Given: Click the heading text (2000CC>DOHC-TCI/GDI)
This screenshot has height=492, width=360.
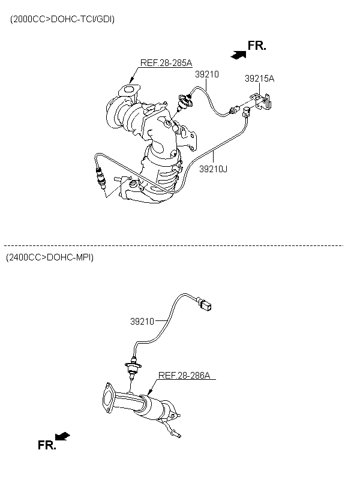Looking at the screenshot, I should click(62, 19).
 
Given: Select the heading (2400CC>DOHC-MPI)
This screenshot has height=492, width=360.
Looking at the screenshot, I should click(50, 257).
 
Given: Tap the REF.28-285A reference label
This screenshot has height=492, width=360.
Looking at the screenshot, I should click(166, 62).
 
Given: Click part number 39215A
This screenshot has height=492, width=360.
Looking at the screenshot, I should click(259, 78).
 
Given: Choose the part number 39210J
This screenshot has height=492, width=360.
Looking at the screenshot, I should click(213, 169).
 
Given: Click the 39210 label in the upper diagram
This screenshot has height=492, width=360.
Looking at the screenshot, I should click(206, 74).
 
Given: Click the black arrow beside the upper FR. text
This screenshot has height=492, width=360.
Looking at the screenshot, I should click(238, 54).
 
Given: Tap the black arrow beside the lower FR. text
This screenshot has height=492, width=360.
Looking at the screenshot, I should click(62, 436).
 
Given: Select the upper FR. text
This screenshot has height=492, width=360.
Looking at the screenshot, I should click(257, 46).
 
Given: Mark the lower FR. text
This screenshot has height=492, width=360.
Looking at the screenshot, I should click(46, 445).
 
